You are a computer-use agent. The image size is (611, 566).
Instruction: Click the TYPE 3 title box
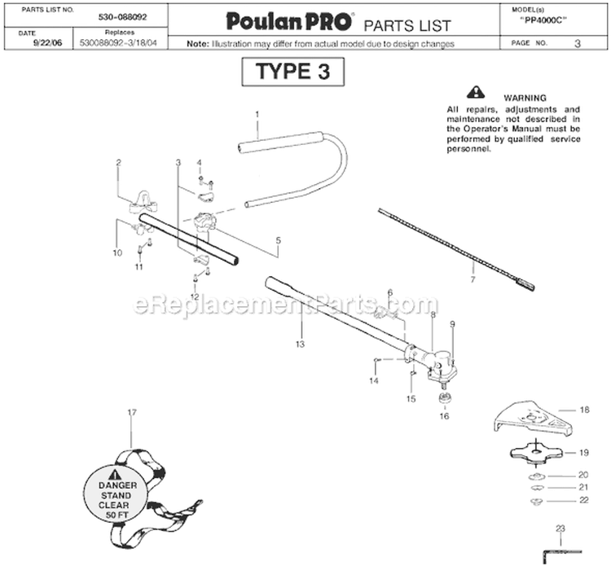293,72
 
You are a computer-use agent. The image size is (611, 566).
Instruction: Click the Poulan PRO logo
289,21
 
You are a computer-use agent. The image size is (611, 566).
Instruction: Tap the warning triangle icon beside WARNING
476,92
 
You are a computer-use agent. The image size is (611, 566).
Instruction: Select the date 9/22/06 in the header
47,43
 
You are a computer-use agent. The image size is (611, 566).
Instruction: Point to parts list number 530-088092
122,17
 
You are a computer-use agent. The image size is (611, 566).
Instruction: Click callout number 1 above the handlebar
257,114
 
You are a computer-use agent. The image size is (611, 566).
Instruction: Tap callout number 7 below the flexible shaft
473,279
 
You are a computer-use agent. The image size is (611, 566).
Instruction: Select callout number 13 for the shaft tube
300,344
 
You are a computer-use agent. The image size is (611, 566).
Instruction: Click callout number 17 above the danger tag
133,412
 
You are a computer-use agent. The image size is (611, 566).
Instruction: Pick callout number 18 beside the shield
584,410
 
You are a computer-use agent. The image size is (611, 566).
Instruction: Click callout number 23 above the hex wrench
560,529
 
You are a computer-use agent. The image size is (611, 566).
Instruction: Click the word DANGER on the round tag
117,485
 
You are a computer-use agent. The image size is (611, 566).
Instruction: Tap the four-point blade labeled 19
537,453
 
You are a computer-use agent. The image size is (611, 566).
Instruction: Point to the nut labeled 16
444,399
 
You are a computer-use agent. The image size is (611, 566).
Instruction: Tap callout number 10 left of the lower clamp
117,252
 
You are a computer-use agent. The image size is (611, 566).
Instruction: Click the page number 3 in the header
578,43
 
